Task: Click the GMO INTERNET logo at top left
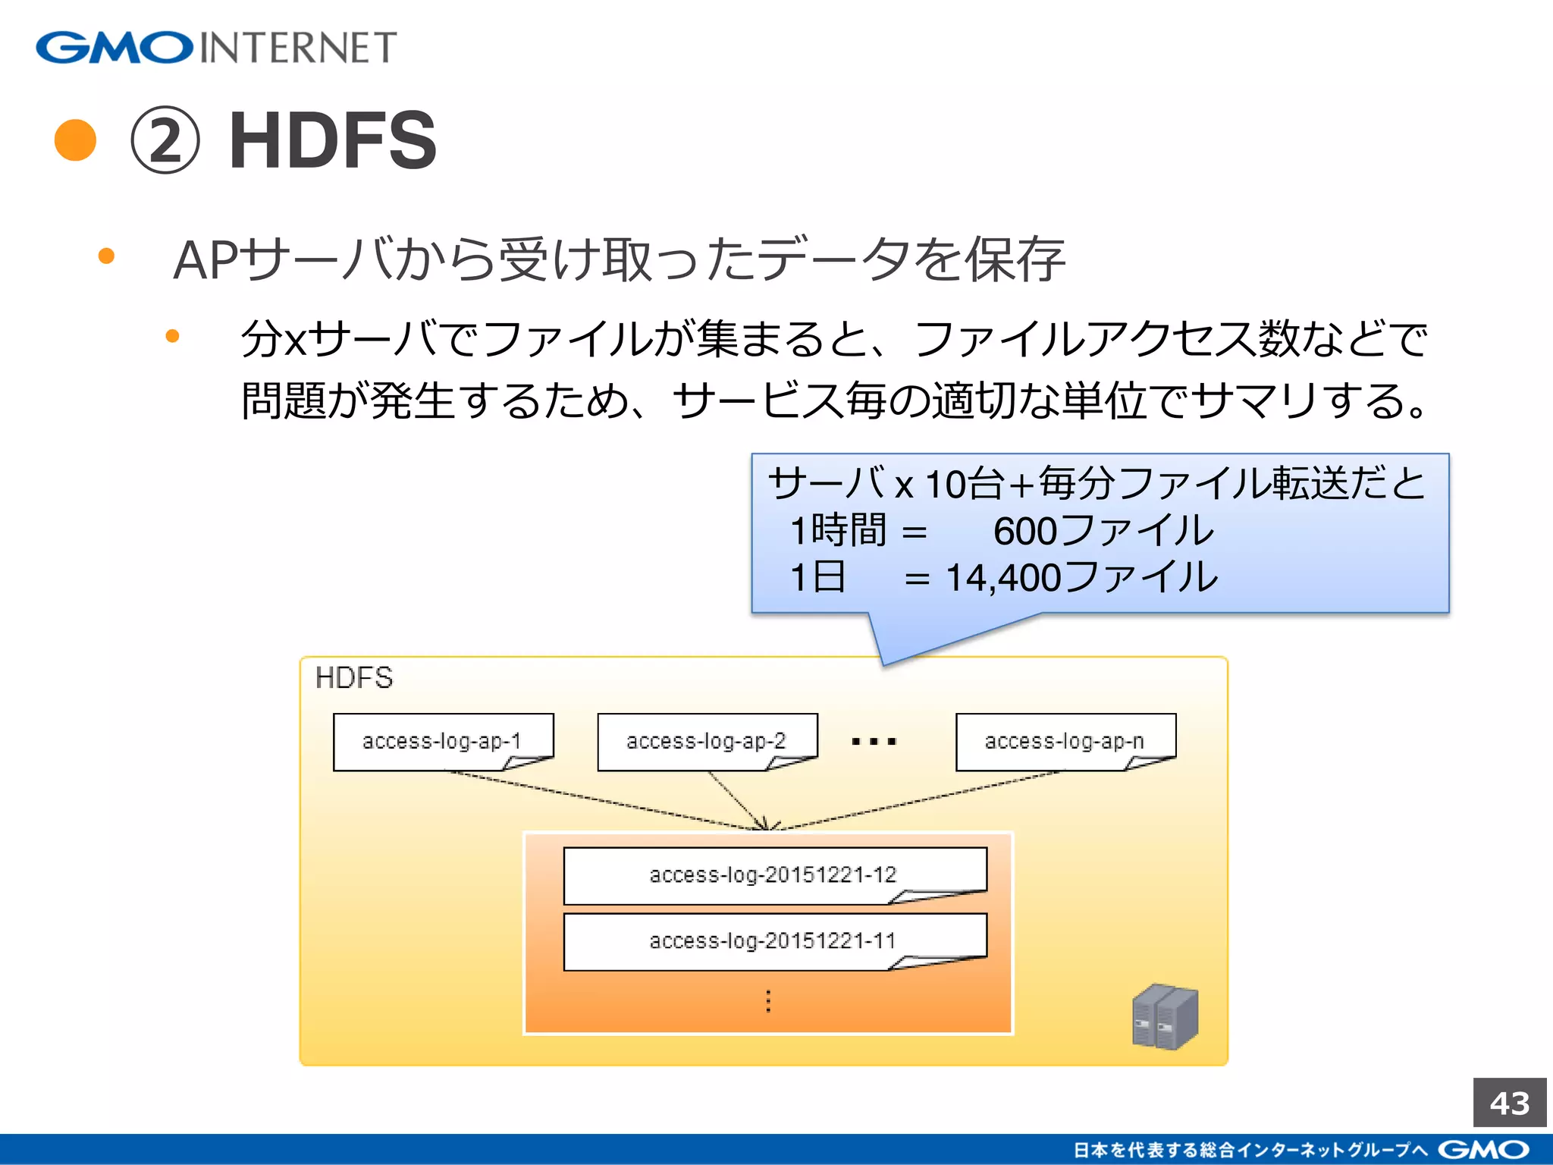coord(216,47)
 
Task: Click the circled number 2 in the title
coord(165,141)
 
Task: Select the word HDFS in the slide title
coord(333,141)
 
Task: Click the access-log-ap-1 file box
coord(443,741)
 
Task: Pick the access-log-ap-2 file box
coord(707,741)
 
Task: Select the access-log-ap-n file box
coord(1065,741)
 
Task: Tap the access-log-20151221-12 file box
coord(774,875)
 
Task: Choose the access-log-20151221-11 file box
coord(774,941)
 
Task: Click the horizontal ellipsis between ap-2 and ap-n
coord(874,742)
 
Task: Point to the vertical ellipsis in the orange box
coord(768,1001)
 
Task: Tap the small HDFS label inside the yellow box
coord(354,677)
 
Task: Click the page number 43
coord(1509,1103)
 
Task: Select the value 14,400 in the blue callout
coord(1003,578)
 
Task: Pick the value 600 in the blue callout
coord(1025,531)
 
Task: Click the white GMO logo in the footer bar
coord(1483,1150)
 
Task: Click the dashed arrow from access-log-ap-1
coord(607,801)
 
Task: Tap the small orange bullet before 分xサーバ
coord(173,336)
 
